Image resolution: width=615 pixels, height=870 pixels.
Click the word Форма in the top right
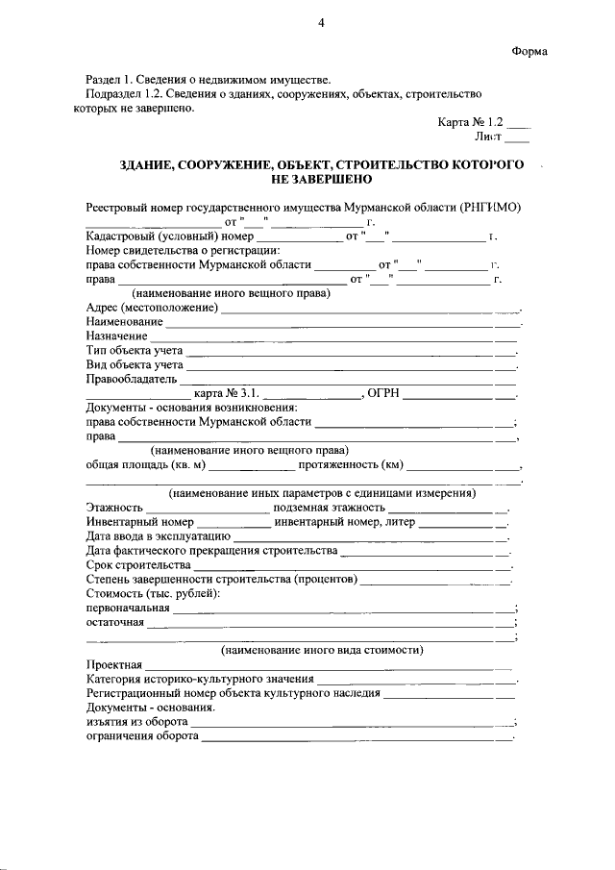(x=529, y=51)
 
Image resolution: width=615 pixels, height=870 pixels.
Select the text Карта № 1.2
(x=471, y=122)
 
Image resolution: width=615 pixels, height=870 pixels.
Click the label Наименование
(x=123, y=321)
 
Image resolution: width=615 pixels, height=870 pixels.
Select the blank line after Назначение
(x=332, y=339)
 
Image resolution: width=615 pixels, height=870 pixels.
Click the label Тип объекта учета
(x=135, y=351)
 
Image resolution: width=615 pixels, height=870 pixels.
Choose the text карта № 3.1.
(x=227, y=393)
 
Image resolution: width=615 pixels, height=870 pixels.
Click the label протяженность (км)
(x=350, y=465)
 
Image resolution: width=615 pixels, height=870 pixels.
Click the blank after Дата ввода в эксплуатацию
(x=369, y=538)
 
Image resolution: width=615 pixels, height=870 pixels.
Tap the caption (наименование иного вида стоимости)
(x=322, y=650)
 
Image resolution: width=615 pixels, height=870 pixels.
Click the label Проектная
(x=113, y=664)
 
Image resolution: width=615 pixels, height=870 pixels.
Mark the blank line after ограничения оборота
(x=357, y=739)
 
